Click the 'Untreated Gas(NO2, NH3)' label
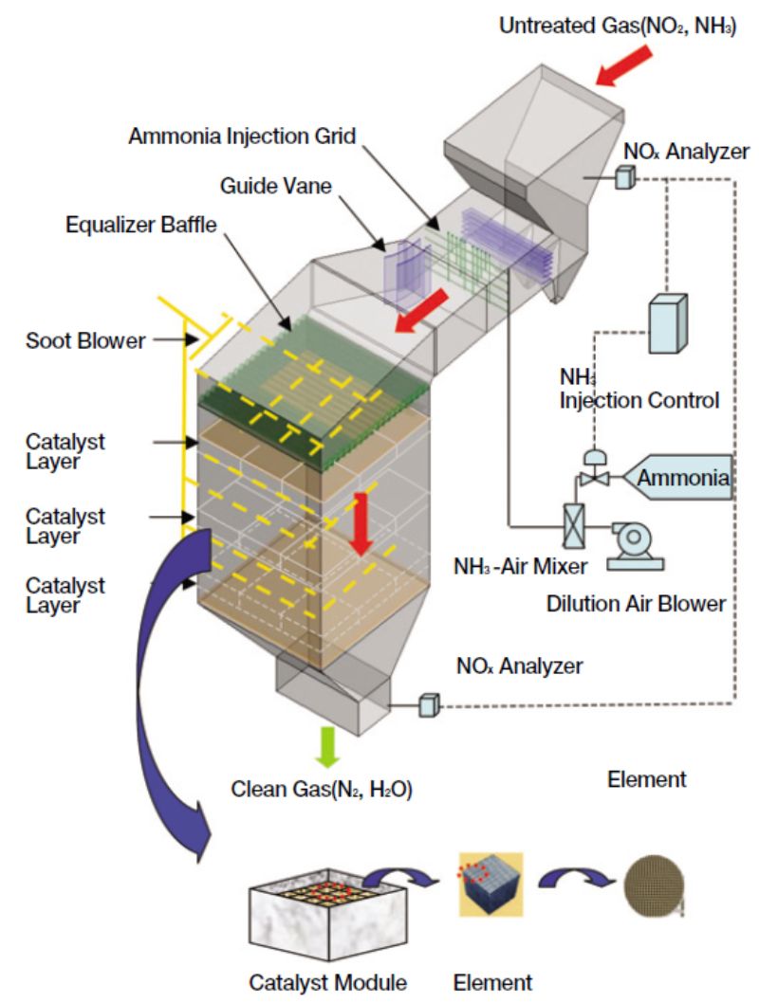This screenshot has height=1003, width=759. coord(618,27)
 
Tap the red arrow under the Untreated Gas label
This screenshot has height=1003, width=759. coord(623,65)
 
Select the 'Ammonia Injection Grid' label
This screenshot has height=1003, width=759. coord(242,137)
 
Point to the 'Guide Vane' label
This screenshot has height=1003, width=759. coord(276,186)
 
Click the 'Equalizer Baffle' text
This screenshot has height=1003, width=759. coord(140,225)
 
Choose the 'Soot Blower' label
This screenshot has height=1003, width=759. coord(85,340)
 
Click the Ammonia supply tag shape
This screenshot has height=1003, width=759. coord(677,477)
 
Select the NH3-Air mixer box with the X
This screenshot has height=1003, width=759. coord(573,526)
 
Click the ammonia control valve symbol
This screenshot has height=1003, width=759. coord(595,469)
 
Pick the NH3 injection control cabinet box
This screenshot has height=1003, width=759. coord(668,323)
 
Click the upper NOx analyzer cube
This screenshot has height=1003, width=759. coord(625,176)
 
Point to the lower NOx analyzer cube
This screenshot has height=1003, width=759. coord(429,705)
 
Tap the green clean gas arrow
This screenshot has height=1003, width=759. coord(327,746)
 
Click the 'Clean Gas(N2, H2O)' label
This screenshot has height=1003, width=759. coord(322,790)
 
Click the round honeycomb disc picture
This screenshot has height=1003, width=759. coord(654,886)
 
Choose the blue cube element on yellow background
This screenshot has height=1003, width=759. coord(491,884)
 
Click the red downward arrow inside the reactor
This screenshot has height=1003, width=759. coord(361,524)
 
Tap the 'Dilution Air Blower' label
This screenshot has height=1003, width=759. coord(636,604)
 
